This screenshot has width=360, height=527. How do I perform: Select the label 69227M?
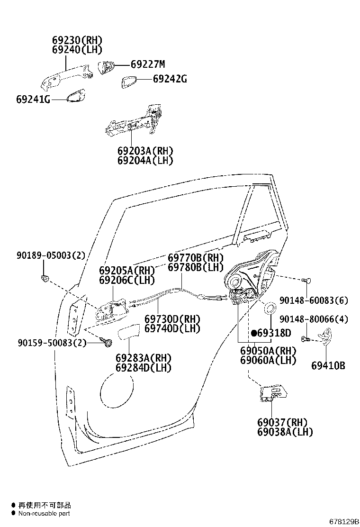(148, 64)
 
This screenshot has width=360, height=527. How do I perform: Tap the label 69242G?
(170, 80)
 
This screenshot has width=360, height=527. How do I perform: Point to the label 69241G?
(33, 100)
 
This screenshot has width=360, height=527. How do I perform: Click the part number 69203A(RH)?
(145, 151)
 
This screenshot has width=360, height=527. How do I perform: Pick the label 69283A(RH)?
(144, 358)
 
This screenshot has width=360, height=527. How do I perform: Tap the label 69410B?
(328, 365)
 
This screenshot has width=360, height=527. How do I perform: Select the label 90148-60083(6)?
(314, 300)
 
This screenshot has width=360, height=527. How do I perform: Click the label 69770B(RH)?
(195, 258)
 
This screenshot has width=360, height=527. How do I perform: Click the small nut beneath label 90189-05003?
(45, 277)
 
